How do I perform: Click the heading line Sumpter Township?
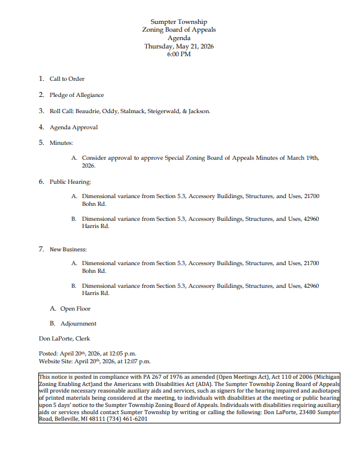pyautogui.click(x=179, y=22)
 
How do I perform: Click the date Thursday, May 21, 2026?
pyautogui.click(x=179, y=46)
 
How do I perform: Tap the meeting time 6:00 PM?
pyautogui.click(x=179, y=54)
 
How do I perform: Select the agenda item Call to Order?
pyautogui.click(x=66, y=79)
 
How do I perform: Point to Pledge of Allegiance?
pyautogui.click(x=77, y=95)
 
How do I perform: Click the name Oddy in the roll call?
pyautogui.click(x=110, y=111)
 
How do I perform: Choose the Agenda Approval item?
pyautogui.click(x=74, y=127)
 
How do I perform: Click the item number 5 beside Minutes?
pyautogui.click(x=41, y=143)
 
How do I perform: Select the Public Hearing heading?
pyautogui.click(x=70, y=181)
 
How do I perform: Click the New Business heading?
pyautogui.click(x=68, y=249)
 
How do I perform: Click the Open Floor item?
pyautogui.click(x=75, y=309)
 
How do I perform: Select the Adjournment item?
pyautogui.click(x=78, y=324)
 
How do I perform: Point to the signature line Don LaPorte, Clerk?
pyautogui.click(x=65, y=339)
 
